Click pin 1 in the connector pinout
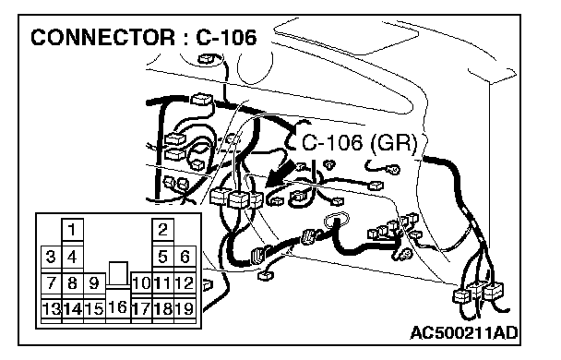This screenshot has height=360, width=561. point(72,229)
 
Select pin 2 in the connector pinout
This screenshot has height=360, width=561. point(162,229)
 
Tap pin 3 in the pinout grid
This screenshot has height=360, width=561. point(51,257)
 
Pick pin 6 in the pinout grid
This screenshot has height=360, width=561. point(185,257)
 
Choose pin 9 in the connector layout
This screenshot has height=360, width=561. point(94,283)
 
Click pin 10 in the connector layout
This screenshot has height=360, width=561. point(142,283)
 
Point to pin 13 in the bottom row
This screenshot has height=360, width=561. point(51,308)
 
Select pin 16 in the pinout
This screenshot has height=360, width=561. point(118,306)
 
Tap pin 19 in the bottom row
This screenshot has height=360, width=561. point(185,308)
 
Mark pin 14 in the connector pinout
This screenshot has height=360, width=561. point(73,308)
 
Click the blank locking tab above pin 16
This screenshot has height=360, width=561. point(118,273)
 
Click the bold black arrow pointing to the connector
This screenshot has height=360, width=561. point(280,174)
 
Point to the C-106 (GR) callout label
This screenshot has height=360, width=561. point(360,143)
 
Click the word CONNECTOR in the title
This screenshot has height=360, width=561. point(103,37)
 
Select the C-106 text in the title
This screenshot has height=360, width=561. point(226,37)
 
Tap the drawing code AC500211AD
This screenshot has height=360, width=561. point(464,333)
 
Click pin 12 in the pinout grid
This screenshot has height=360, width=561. point(185,283)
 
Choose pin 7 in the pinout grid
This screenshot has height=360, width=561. point(51,283)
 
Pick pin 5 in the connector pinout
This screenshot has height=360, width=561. point(162,257)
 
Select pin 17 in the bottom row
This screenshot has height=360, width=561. point(142,308)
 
